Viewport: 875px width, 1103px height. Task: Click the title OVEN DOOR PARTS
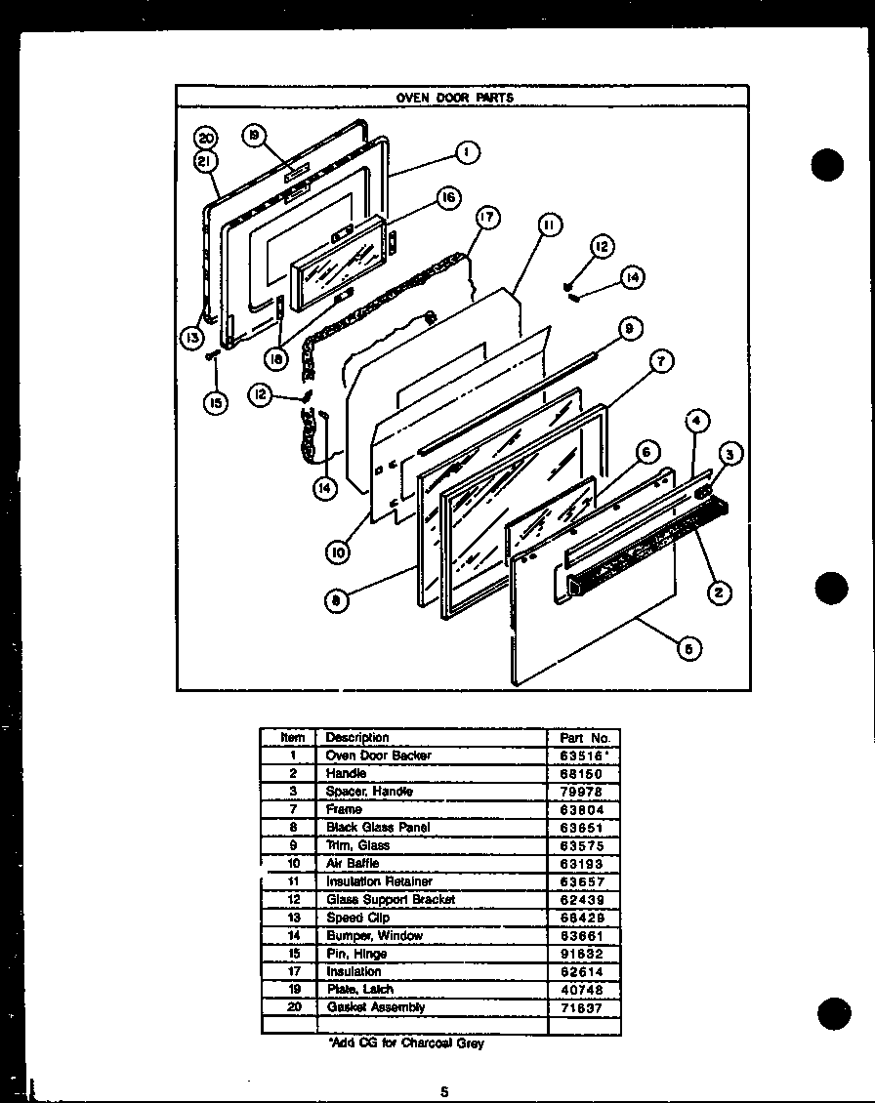click(454, 98)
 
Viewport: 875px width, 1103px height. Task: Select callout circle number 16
click(448, 198)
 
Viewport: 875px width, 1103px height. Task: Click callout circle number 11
click(549, 225)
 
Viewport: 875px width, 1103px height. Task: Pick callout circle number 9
click(630, 330)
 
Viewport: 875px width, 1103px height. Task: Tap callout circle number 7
click(661, 361)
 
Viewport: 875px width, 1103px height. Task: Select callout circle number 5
click(689, 648)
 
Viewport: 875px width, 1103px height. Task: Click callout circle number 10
click(337, 552)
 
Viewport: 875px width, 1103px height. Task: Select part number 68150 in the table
click(583, 773)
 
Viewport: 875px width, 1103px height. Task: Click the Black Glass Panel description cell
click(378, 827)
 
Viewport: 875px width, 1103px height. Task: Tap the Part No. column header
click(584, 738)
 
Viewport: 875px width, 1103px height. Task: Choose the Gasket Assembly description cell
click(376, 1007)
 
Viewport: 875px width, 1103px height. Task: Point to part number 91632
click(583, 954)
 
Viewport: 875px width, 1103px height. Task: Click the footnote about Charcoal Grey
click(406, 1043)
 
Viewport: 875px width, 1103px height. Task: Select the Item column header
click(292, 738)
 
